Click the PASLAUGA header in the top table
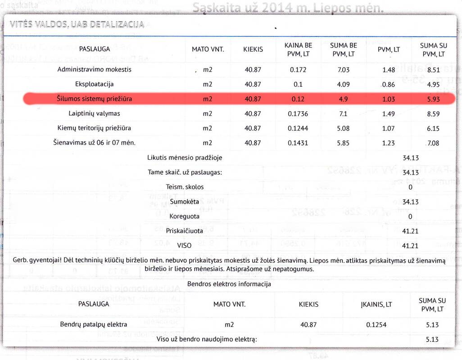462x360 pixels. pyautogui.click(x=94, y=49)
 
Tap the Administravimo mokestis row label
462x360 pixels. pyautogui.click(x=94, y=70)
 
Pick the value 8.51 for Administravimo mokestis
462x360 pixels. pyautogui.click(x=432, y=70)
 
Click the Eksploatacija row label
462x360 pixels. pyautogui.click(x=94, y=84)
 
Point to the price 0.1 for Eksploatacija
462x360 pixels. pyautogui.click(x=298, y=84)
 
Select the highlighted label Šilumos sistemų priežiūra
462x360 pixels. pyautogui.click(x=94, y=99)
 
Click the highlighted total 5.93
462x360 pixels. pyautogui.click(x=432, y=99)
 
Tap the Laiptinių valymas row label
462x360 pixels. pyautogui.click(x=94, y=113)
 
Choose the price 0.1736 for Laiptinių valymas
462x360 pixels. pyautogui.click(x=298, y=113)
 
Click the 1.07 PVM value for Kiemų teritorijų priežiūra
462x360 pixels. pyautogui.click(x=388, y=128)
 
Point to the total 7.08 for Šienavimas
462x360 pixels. pyautogui.click(x=432, y=143)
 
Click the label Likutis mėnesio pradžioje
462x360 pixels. pyautogui.click(x=185, y=157)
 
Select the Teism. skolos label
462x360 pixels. pyautogui.click(x=185, y=187)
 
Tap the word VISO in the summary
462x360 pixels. pyautogui.click(x=185, y=246)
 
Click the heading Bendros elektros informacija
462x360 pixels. pyautogui.click(x=229, y=284)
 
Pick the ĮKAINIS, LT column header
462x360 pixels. pyautogui.click(x=376, y=304)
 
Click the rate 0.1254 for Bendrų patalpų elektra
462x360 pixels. pyautogui.click(x=376, y=324)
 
